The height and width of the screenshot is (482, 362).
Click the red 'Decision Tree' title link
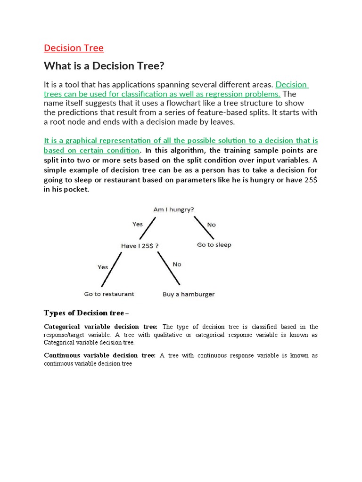click(74, 48)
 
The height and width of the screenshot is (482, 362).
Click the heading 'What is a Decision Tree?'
click(104, 66)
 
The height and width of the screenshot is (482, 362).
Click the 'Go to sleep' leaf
click(214, 245)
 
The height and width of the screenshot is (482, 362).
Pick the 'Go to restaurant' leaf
click(109, 294)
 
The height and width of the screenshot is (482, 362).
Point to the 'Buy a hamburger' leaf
click(189, 295)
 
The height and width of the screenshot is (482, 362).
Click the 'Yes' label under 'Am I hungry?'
click(137, 225)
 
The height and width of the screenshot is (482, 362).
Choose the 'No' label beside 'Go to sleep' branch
click(212, 225)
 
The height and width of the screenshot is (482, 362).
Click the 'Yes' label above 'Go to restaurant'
click(103, 267)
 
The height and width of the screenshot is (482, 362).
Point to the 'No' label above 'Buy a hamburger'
click(177, 265)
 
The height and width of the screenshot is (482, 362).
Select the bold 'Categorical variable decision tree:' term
click(101, 327)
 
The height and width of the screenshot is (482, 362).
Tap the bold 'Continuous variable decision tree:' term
click(100, 355)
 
